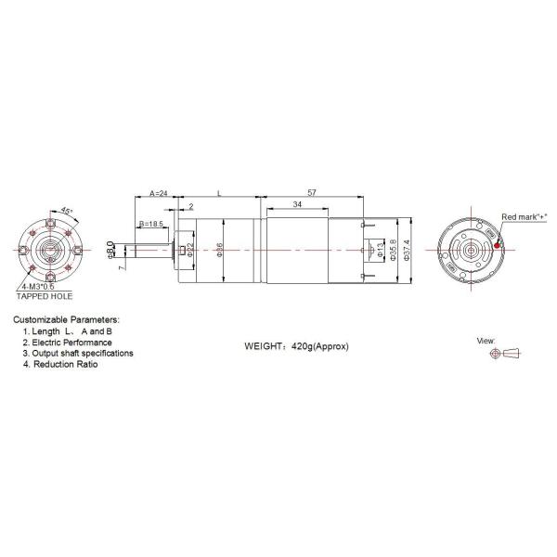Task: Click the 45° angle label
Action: (x=66, y=211)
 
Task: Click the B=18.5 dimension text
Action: (x=152, y=225)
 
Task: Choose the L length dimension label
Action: (x=219, y=193)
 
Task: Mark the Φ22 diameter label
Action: (x=190, y=250)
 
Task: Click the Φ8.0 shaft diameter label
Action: (x=110, y=249)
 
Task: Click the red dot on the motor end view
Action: (x=497, y=246)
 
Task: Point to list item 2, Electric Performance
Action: (x=72, y=342)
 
